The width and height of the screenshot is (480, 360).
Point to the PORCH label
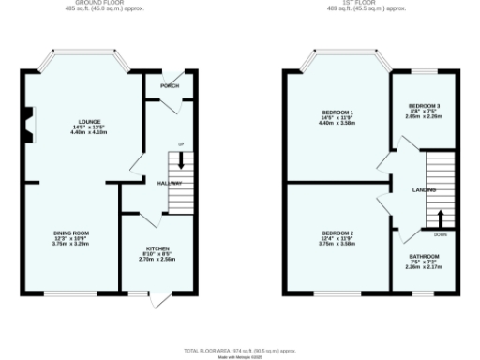pyautogui.click(x=170, y=86)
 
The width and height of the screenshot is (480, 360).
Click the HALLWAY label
pyautogui.click(x=169, y=184)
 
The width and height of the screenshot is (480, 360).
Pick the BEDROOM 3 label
pyautogui.click(x=425, y=106)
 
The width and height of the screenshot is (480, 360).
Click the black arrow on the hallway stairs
pyautogui.click(x=181, y=161)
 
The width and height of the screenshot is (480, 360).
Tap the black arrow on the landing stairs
pyautogui.click(x=440, y=217)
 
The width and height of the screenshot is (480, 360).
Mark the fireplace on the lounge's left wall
pyautogui.click(x=29, y=123)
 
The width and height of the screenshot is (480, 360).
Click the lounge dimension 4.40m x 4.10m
pyautogui.click(x=89, y=131)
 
